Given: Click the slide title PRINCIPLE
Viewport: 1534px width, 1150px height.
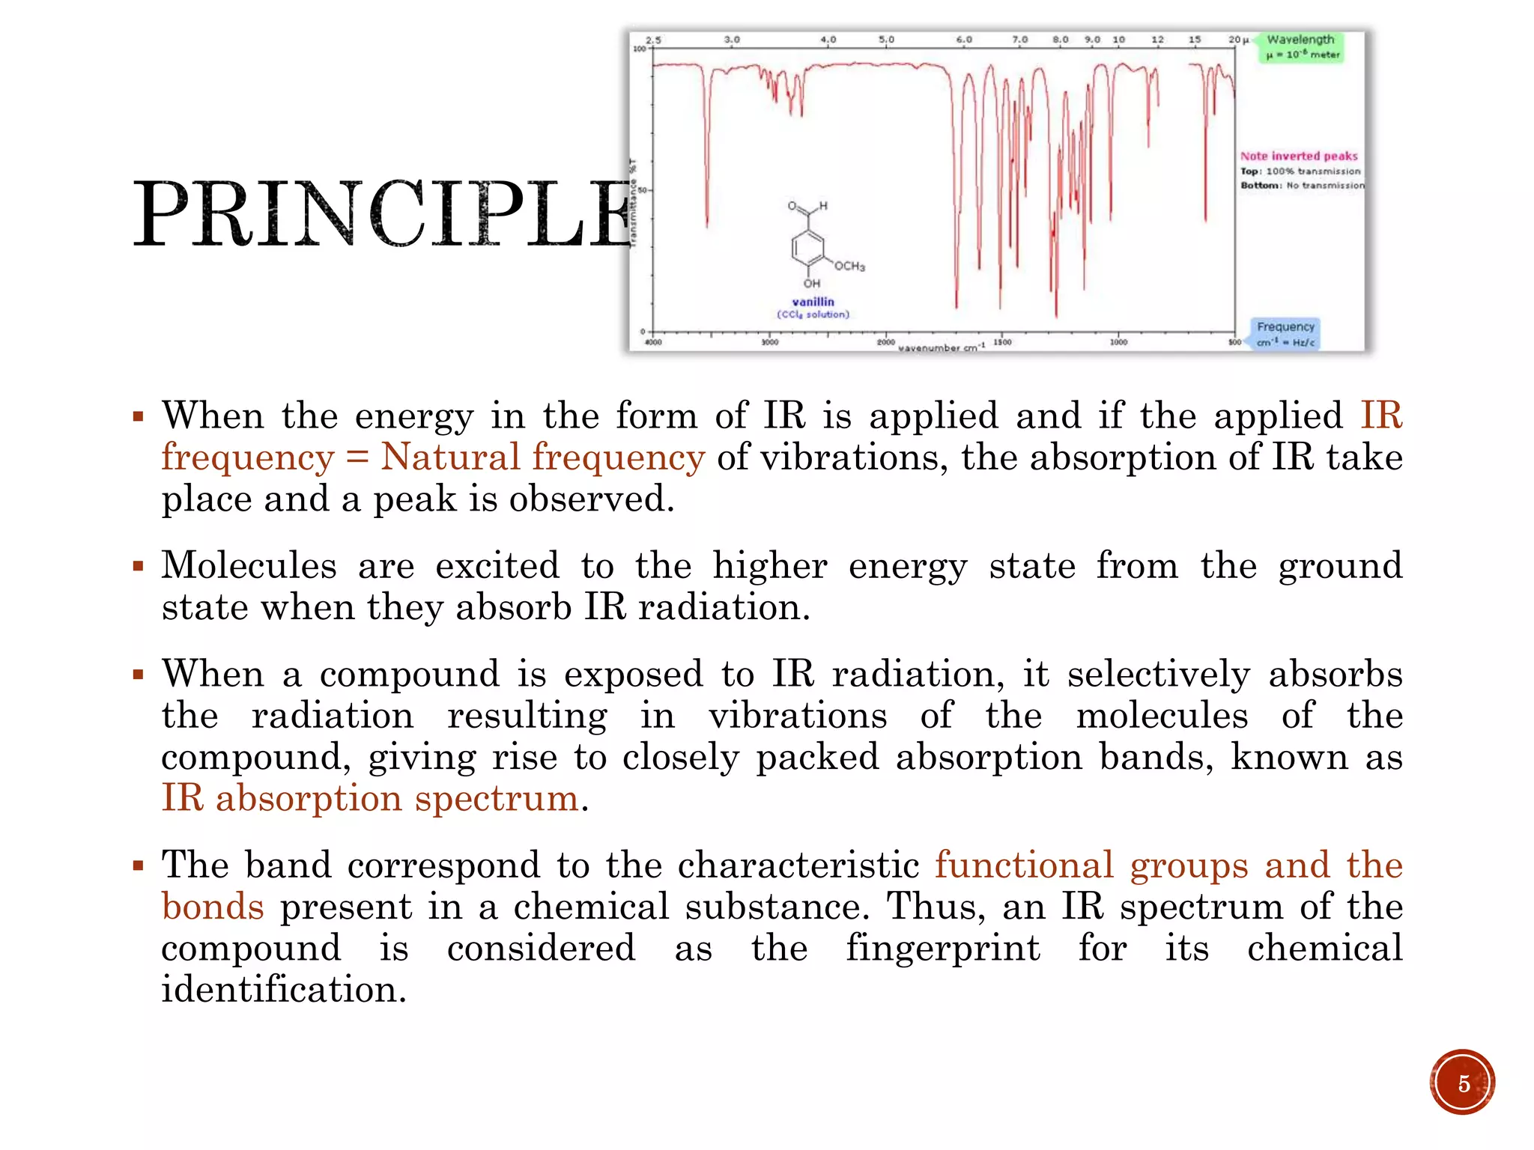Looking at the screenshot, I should (382, 215).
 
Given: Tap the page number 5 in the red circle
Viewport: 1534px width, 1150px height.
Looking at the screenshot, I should (1462, 1083).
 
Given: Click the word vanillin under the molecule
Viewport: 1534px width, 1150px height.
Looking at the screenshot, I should (813, 302).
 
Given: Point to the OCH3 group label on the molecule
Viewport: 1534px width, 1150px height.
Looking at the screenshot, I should (849, 267).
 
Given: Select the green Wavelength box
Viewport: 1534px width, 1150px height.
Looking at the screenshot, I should (1301, 46).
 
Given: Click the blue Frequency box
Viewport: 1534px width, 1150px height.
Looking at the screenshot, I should (1285, 334).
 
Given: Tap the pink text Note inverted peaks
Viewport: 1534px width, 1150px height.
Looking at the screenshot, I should (1299, 156).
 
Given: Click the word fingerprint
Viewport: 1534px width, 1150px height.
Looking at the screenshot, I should (943, 948).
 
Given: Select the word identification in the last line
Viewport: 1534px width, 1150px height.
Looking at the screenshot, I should (284, 990).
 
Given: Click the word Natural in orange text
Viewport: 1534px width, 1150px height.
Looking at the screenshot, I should (450, 457).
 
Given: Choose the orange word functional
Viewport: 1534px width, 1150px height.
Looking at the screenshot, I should (1024, 865).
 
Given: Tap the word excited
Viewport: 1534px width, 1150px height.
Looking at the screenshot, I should (497, 565).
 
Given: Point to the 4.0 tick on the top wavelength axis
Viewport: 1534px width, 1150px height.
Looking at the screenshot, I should (828, 40).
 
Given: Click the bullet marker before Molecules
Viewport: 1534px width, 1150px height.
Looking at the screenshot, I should (138, 566).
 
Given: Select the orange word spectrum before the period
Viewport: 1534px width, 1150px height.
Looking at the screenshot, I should (497, 798).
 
